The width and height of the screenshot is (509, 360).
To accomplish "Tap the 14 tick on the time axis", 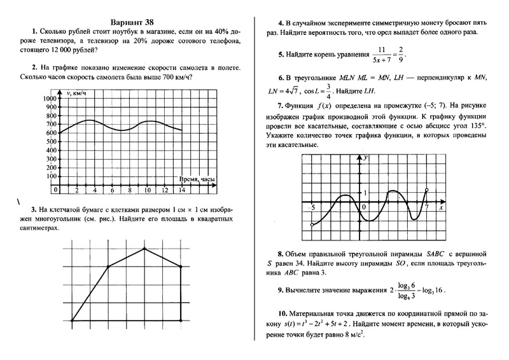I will click(x=182, y=190).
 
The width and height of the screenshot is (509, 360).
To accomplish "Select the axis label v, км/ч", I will click(x=77, y=93).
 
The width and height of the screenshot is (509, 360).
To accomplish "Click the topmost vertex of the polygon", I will click(x=144, y=249).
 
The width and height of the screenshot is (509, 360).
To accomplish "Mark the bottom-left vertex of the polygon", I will click(x=72, y=322).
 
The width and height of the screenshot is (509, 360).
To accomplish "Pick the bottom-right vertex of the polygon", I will click(x=181, y=322).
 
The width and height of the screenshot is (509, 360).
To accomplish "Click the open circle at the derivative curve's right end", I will click(x=426, y=190).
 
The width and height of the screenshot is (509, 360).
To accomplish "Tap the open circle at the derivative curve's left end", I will click(x=312, y=225).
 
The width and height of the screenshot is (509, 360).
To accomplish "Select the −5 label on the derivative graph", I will click(x=312, y=208).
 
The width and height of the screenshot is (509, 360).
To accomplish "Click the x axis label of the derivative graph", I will click(x=440, y=208).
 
